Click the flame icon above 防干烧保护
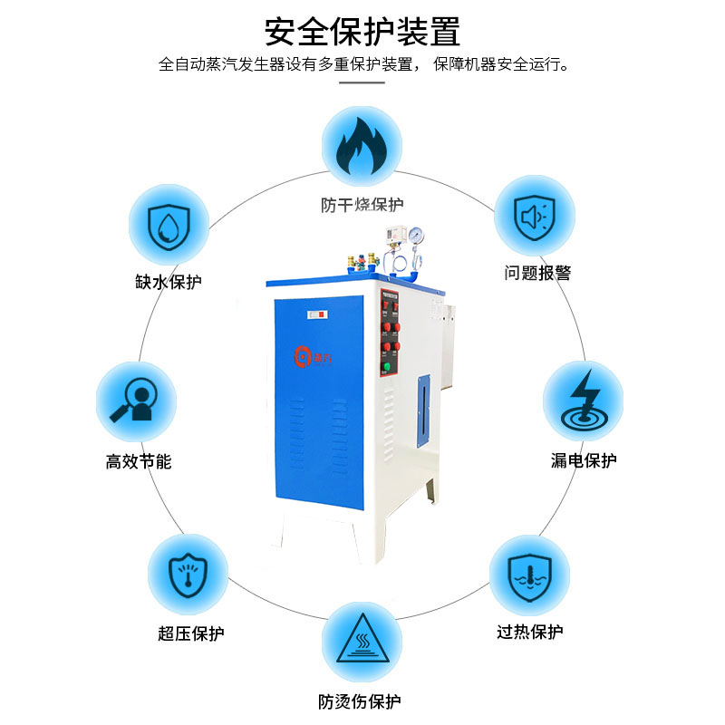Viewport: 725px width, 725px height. click(362, 147)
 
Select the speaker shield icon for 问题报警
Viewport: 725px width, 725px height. click(535, 216)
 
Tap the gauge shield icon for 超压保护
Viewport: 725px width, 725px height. click(188, 573)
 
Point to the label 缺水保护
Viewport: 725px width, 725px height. click(169, 282)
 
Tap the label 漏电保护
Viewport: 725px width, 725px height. click(584, 460)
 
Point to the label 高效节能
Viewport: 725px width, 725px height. click(138, 461)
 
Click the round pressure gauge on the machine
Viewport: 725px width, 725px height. click(416, 234)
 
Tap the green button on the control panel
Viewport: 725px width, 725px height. click(387, 367)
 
